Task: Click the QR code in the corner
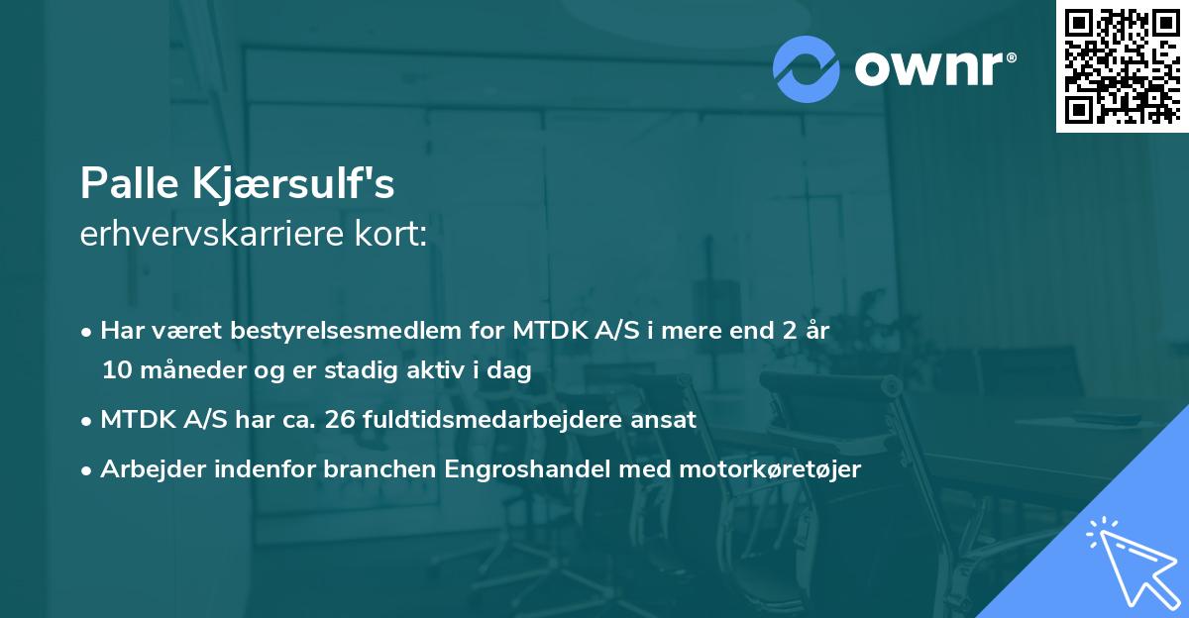point(1122,65)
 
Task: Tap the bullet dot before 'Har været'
point(88,332)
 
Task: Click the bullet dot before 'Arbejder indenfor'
point(88,470)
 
